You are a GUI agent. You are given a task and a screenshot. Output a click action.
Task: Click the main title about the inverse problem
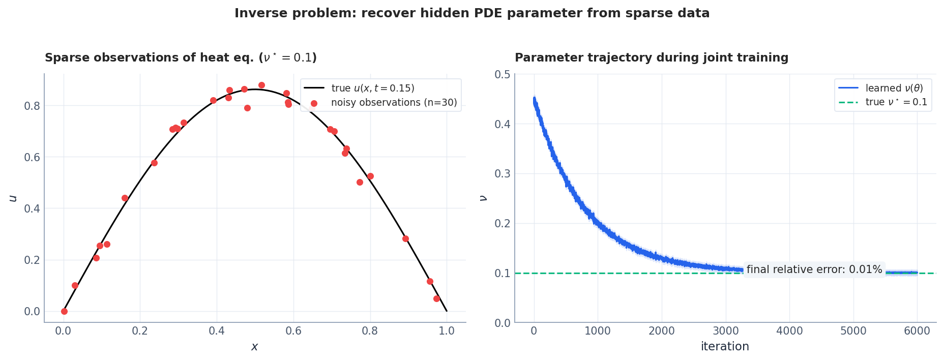[471, 13]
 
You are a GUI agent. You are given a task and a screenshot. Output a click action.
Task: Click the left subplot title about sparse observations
[181, 58]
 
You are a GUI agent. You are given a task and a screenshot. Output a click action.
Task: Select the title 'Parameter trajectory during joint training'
[651, 58]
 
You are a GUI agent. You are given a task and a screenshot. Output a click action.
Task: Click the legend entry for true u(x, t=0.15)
[372, 88]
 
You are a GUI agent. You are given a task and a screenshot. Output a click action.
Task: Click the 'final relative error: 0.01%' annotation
[814, 269]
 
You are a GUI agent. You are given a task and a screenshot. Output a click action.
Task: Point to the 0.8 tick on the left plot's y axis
[32, 106]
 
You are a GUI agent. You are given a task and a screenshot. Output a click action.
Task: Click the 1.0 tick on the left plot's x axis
[447, 331]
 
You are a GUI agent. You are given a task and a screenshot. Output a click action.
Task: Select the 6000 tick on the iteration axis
[917, 331]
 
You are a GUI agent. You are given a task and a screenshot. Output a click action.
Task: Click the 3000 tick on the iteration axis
[725, 331]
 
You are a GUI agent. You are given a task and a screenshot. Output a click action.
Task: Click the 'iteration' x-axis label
[725, 347]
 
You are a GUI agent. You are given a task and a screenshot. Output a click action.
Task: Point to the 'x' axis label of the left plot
[254, 347]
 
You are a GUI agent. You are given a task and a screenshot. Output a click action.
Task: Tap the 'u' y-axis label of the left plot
[14, 198]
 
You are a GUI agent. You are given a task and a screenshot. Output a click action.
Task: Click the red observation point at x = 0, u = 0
[64, 311]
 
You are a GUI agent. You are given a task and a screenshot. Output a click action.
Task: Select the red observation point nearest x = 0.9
[405, 238]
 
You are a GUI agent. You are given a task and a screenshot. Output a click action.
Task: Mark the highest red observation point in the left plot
[261, 85]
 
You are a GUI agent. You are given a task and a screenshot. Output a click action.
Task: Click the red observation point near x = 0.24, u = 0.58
[154, 163]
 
